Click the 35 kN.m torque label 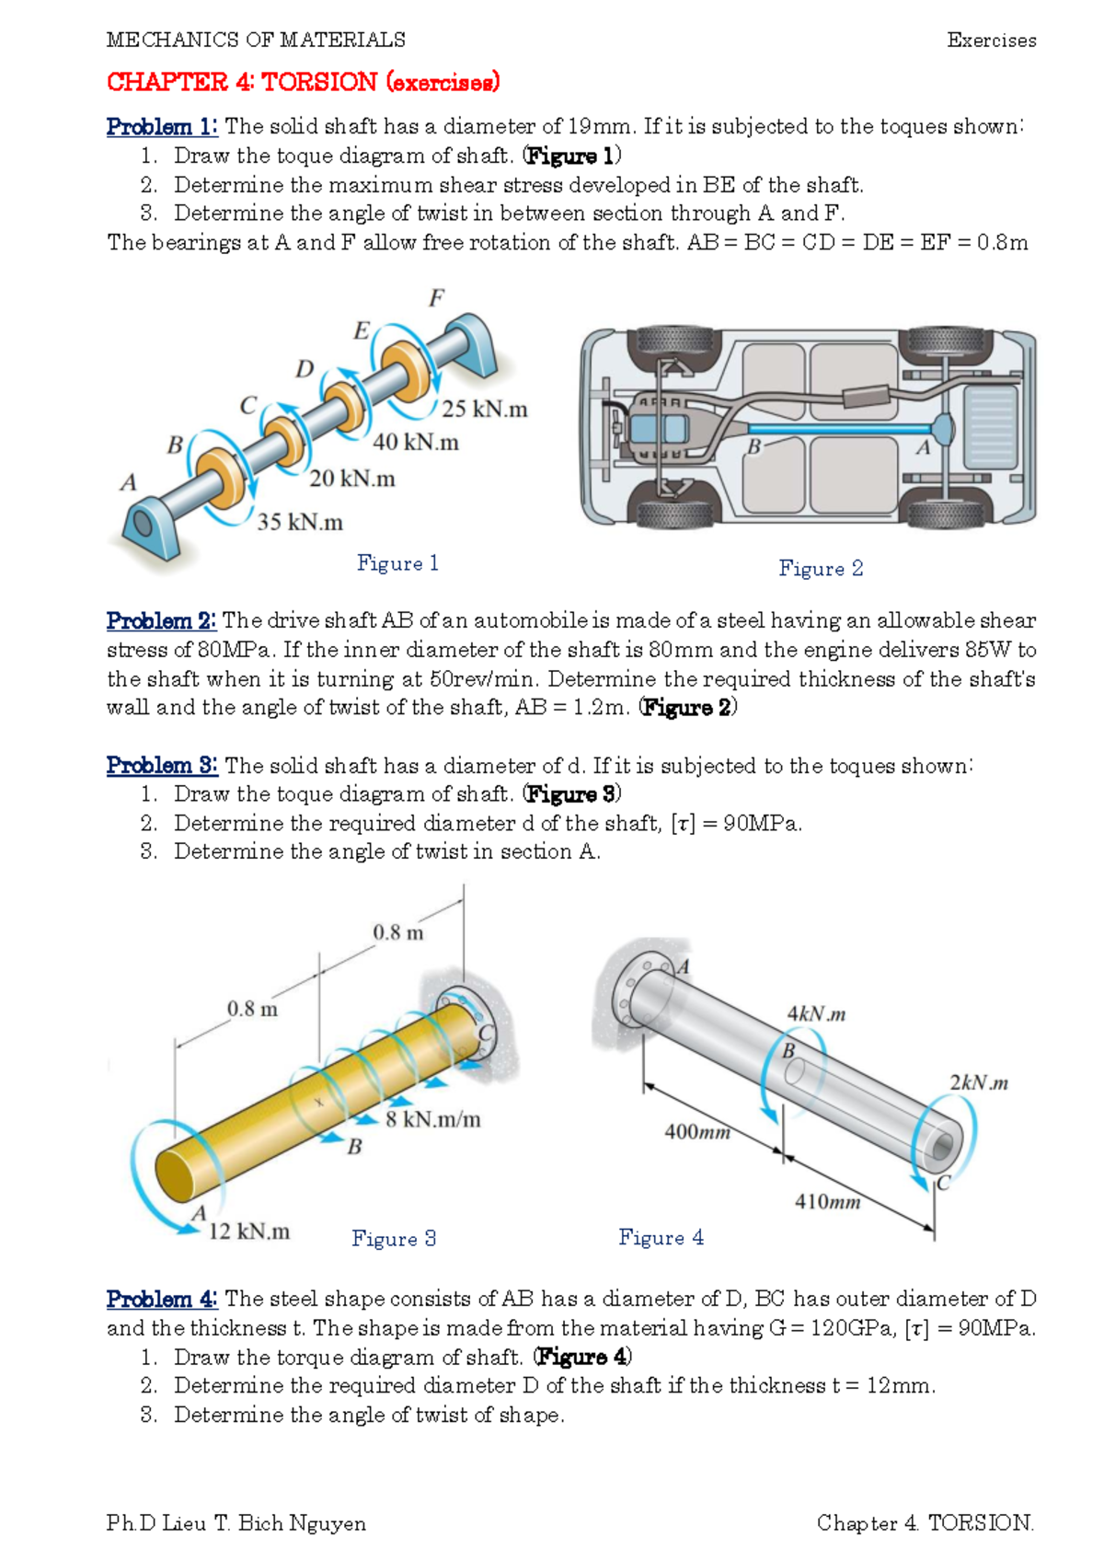300,523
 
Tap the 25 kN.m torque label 484,410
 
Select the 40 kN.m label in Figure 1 416,443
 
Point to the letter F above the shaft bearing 436,298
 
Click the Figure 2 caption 821,569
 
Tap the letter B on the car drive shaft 754,447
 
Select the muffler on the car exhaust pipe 866,397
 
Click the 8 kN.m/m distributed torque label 433,1120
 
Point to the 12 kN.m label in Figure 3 248,1231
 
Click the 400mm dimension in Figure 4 697,1132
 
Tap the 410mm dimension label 827,1202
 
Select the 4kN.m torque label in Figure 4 816,1014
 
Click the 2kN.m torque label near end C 979,1083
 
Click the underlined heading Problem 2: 161,621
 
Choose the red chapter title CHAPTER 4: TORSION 303,83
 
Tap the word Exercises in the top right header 991,40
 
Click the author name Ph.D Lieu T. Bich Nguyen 236,1523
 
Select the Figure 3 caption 394,1239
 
